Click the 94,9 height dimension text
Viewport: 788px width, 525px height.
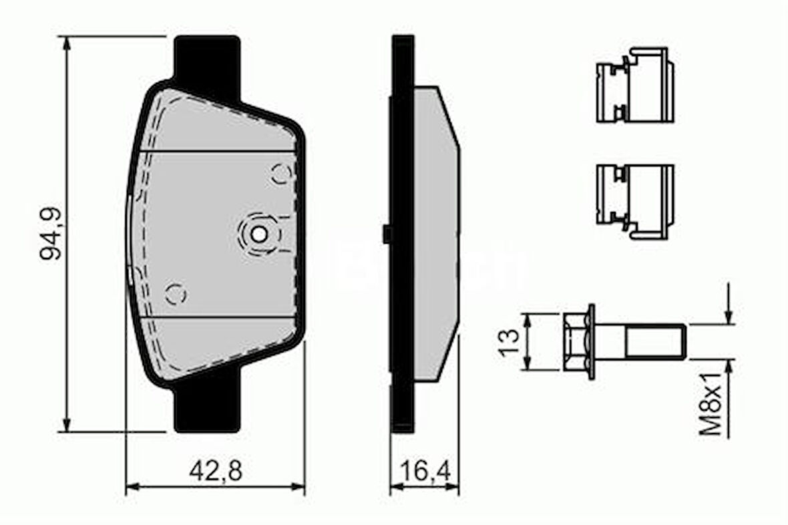[51, 234]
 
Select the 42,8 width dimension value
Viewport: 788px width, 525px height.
[215, 471]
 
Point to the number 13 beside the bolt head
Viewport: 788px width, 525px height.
[510, 342]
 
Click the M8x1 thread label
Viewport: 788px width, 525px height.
[713, 403]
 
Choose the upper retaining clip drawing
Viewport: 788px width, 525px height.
[634, 85]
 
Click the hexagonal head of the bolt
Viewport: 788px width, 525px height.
[576, 342]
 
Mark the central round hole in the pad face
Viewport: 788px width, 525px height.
[258, 234]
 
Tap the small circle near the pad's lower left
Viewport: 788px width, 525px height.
[175, 293]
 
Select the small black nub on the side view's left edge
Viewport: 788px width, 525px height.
[387, 234]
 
